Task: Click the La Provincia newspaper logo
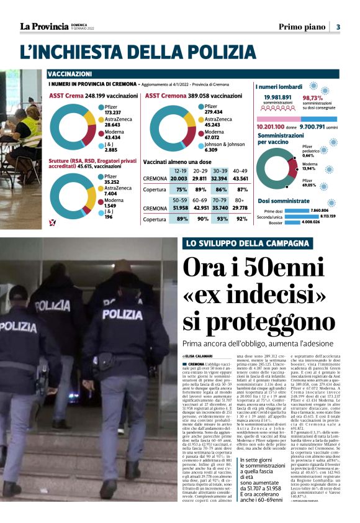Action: [43, 27]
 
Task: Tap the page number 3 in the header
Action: [338, 27]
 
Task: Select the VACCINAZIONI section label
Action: [70, 74]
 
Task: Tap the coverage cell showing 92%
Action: [242, 219]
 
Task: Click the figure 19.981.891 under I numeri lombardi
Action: [277, 98]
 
